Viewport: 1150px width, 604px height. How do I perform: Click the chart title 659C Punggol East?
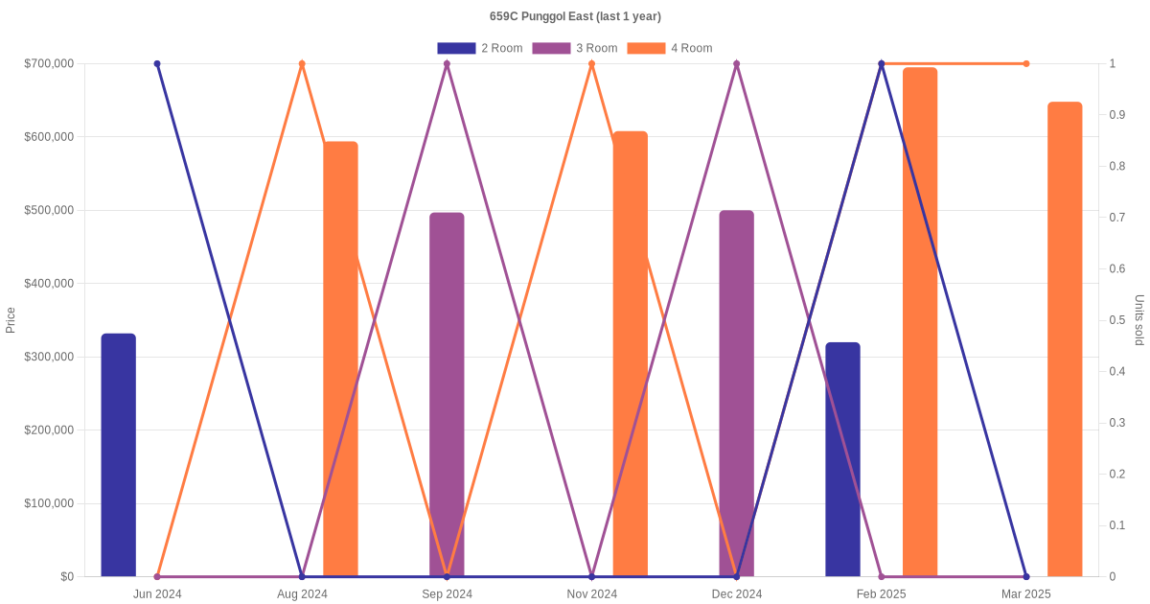pyautogui.click(x=575, y=16)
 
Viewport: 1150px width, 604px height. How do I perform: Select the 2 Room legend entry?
pyautogui.click(x=479, y=48)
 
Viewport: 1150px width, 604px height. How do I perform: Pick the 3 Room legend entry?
pyautogui.click(x=574, y=48)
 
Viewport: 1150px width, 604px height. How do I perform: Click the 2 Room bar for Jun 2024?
pyautogui.click(x=119, y=455)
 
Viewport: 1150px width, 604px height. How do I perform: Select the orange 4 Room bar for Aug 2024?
pyautogui.click(x=340, y=360)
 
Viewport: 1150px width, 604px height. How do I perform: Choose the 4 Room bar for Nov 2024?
pyautogui.click(x=631, y=354)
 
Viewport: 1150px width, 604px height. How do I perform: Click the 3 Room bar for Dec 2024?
pyautogui.click(x=737, y=393)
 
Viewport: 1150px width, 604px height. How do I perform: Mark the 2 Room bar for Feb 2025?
pyautogui.click(x=842, y=459)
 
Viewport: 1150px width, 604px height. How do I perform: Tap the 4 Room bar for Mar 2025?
pyautogui.click(x=1065, y=339)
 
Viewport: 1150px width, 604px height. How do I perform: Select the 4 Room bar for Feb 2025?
pyautogui.click(x=920, y=322)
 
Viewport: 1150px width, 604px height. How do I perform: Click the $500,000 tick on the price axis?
pyautogui.click(x=49, y=210)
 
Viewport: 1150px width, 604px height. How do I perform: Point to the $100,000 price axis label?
pyautogui.click(x=49, y=503)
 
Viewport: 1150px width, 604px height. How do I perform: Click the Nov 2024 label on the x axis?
pyautogui.click(x=591, y=594)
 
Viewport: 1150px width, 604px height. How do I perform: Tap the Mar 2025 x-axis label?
pyautogui.click(x=1025, y=594)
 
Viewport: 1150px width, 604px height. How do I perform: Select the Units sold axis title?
pyautogui.click(x=1139, y=320)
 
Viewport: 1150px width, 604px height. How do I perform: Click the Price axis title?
pyautogui.click(x=11, y=320)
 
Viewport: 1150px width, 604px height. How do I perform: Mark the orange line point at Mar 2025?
pyautogui.click(x=1026, y=64)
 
